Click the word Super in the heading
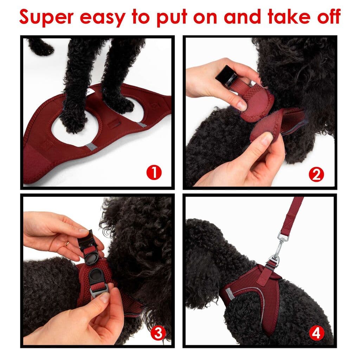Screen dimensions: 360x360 (x=46, y=17)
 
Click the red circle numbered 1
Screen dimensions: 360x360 (x=154, y=173)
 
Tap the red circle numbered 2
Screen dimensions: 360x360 (x=316, y=175)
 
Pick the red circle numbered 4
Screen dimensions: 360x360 (x=316, y=333)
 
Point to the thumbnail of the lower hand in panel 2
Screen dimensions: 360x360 (x=266, y=139)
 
